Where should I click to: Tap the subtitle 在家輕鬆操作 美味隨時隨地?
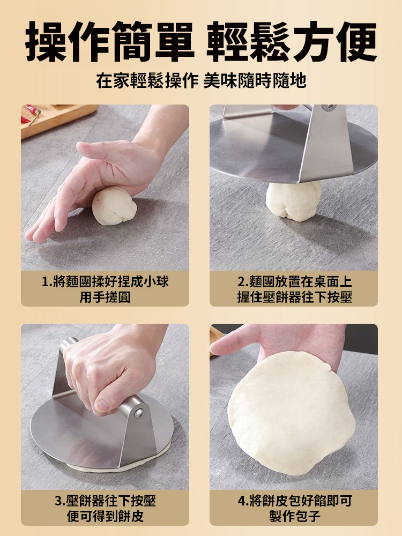201,81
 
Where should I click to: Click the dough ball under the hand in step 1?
114,207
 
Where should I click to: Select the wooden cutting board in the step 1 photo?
59,119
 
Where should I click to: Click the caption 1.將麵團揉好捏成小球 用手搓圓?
105,289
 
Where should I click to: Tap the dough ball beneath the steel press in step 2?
293,200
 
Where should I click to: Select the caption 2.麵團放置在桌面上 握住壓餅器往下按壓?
294,289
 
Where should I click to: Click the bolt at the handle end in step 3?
138,413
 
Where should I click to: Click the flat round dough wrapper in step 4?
292,413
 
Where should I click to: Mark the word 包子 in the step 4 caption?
306,516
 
